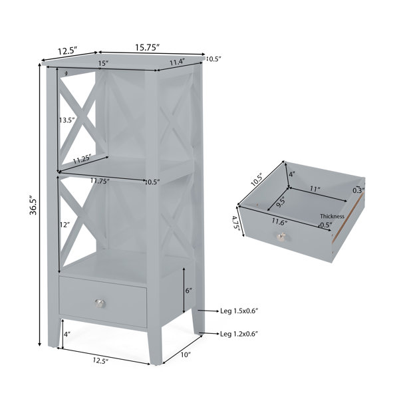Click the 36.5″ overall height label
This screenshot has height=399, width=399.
(33, 205)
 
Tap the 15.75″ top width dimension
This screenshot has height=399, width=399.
(147, 47)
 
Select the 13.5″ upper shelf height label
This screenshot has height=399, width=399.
(67, 120)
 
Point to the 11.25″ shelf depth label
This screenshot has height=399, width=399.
(82, 160)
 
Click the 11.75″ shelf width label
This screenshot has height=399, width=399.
(100, 181)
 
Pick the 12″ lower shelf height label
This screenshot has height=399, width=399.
(65, 225)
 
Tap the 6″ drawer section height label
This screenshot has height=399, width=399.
(189, 291)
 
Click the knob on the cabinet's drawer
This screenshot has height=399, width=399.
(100, 304)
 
